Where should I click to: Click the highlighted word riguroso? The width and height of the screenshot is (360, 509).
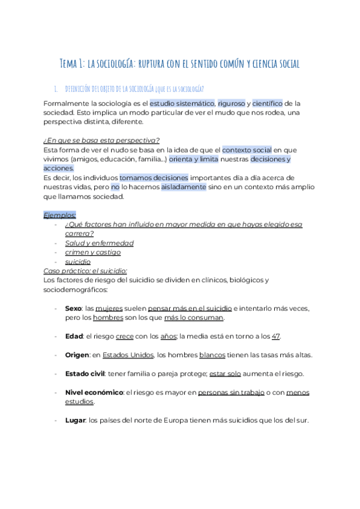point(231,104)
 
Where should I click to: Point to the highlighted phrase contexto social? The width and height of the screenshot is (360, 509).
point(247,149)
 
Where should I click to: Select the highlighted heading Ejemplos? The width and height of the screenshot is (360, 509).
point(59,215)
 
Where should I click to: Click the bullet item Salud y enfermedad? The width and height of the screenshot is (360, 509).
point(99,243)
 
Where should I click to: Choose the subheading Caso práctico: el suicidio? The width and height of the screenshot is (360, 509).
point(85,271)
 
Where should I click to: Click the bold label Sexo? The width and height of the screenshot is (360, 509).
point(73,308)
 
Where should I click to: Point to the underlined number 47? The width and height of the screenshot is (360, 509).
point(275,336)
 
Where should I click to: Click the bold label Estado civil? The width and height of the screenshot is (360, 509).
point(84,373)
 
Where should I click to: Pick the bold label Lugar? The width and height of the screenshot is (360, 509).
point(75,420)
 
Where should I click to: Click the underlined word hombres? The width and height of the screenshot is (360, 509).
point(108,317)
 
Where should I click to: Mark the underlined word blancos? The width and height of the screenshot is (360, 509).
point(212,354)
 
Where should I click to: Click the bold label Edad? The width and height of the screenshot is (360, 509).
point(74,336)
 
